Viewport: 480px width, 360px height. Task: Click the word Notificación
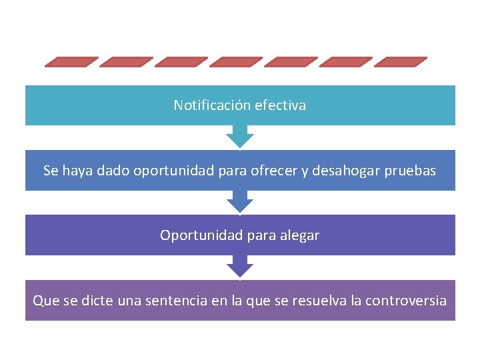(x=204, y=105)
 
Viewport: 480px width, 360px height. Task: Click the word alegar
(x=300, y=236)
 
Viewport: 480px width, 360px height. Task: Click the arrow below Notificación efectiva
(x=240, y=137)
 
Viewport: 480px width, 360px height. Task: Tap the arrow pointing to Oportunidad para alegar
(x=240, y=202)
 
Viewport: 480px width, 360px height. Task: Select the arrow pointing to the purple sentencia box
(x=240, y=267)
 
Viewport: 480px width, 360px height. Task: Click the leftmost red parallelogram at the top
(x=71, y=62)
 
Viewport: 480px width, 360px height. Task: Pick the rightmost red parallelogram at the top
(x=400, y=62)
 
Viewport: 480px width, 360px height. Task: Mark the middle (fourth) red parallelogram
(x=236, y=62)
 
